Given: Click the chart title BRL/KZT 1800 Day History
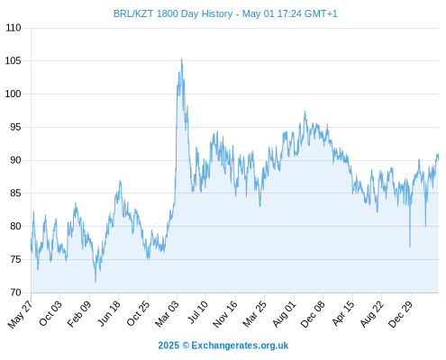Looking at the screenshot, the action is pos(173,13).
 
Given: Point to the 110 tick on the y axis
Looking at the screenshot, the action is pos(14,28).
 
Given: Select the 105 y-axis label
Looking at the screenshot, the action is pos(14,61).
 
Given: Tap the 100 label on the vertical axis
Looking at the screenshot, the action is pos(14,94).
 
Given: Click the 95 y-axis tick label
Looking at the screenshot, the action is pos(15,127).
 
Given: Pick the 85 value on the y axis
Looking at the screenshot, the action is pos(15,193).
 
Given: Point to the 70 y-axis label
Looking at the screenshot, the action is pos(15,292).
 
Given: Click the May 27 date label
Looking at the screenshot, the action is pos(21,314).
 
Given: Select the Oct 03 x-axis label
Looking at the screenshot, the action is pos(50,313).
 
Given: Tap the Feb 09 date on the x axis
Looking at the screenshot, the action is pos(79,314).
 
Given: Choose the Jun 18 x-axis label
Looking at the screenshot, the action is pos(109,313).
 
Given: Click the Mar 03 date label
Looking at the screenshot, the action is pos(167,314).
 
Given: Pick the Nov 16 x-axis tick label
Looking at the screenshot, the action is pos(225,314).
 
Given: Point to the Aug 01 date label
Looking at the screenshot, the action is pos(284,314).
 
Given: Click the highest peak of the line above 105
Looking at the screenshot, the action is pos(181,59).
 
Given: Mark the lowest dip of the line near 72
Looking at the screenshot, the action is pos(96,282).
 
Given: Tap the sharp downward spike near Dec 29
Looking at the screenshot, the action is pos(410,247).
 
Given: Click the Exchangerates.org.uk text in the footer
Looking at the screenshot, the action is pos(240,346).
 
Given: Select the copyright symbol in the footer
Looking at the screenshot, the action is pos(186,346).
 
